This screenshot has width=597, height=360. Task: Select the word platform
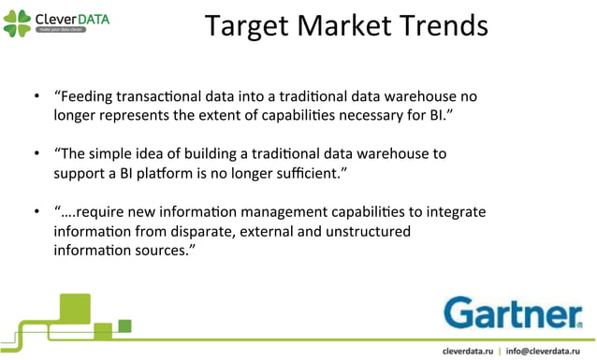[x=160, y=173]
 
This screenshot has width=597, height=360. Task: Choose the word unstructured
[x=369, y=230]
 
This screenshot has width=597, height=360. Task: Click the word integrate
[x=457, y=211]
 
